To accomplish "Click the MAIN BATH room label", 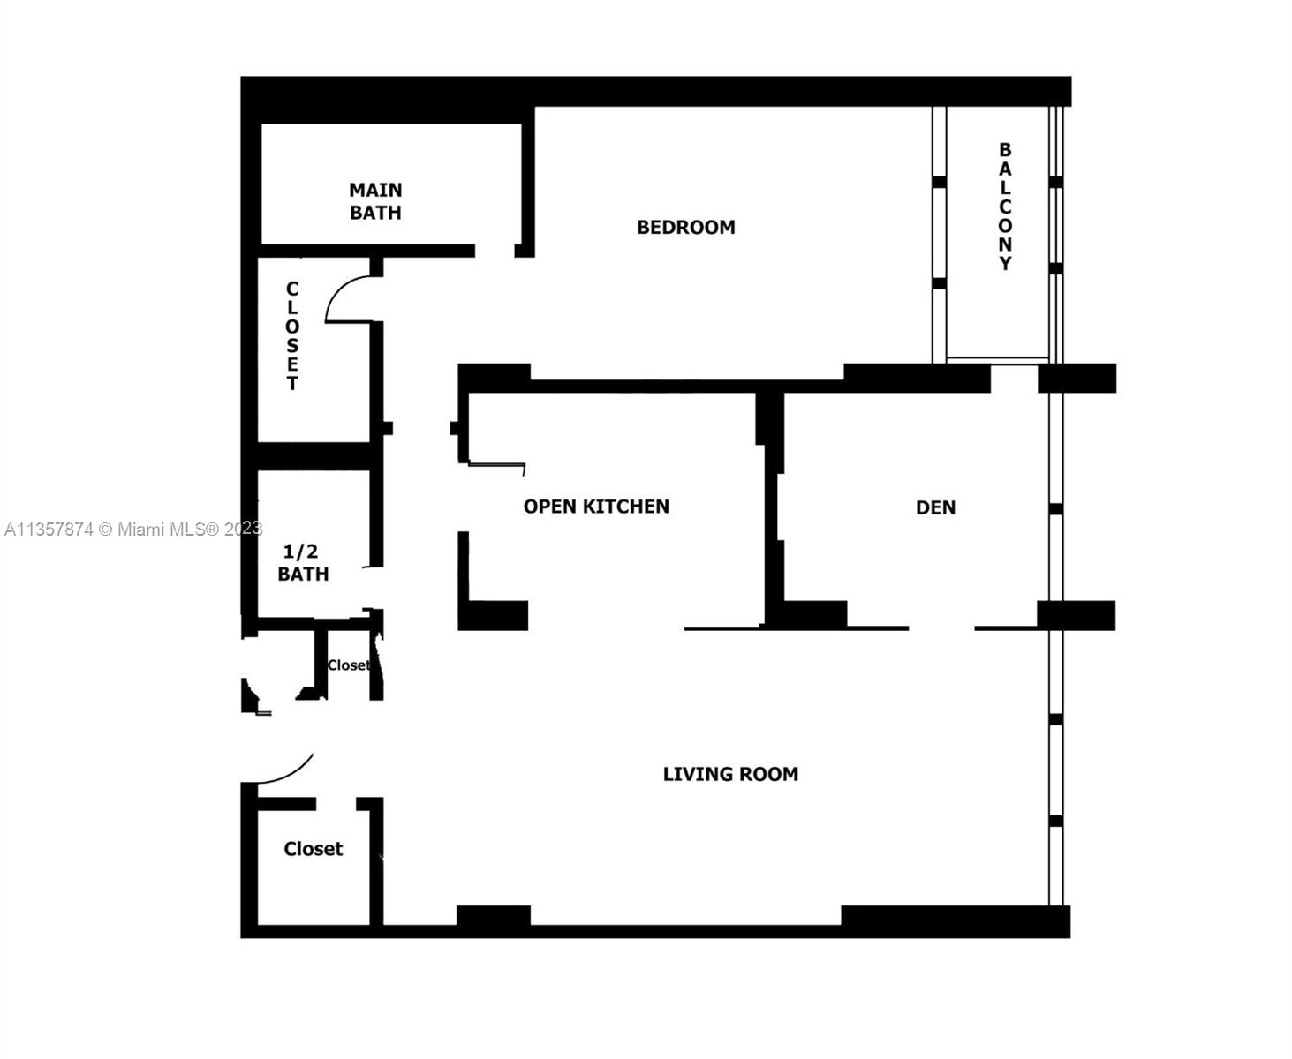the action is point(375,201).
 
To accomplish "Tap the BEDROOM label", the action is point(686,227).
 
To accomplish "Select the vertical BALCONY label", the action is point(1005,206).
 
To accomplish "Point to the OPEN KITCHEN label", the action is point(596,507).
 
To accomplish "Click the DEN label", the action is point(935,507).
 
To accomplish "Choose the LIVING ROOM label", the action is point(730,774).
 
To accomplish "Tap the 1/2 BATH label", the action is point(303,562).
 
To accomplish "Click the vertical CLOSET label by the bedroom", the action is point(292,335).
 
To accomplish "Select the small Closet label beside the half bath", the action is point(349,665).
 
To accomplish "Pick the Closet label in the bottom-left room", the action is point(313,849).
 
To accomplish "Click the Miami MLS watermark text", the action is point(133,529).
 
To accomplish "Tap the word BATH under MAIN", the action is point(375,213).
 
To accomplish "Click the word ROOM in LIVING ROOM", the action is point(769,774).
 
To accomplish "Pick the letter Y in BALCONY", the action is point(1005,263).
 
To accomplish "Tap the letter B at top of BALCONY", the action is point(1005,149).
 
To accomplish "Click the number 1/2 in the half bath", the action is point(300,552).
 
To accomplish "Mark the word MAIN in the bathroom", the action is point(375,190).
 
